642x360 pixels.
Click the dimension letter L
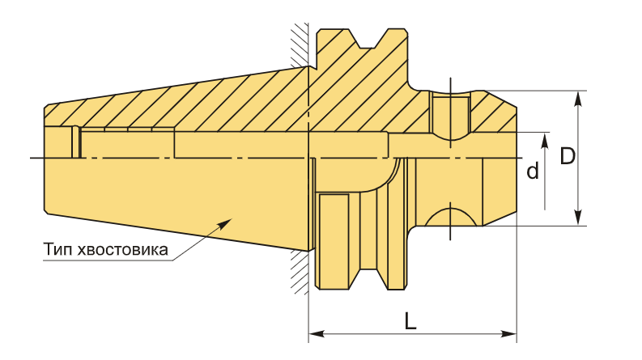tap(410, 320)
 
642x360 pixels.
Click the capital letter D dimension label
tap(568, 156)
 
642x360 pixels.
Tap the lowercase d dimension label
tap(532, 171)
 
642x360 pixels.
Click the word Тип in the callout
tap(57, 249)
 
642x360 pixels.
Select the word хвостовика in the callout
tap(122, 250)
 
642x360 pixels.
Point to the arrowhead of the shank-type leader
tap(226, 222)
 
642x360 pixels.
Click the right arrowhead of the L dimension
tap(508, 333)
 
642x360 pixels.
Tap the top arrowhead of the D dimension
tap(578, 99)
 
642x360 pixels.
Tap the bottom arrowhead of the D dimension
tap(578, 218)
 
